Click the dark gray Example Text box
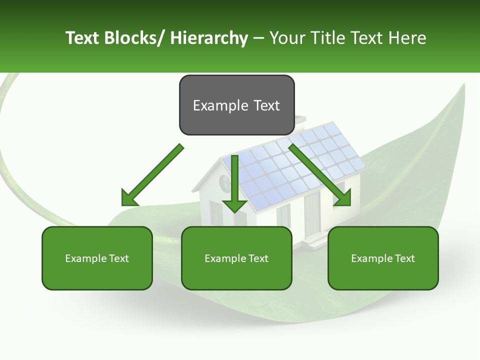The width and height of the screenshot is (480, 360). (236, 105)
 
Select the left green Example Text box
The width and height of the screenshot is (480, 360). (97, 258)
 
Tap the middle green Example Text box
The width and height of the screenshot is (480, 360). (236, 258)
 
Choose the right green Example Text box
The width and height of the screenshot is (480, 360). (383, 258)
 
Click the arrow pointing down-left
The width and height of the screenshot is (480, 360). (152, 175)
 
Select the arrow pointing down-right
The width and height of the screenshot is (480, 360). (320, 175)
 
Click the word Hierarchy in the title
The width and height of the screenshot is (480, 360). (209, 38)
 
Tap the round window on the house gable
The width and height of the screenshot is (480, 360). (224, 181)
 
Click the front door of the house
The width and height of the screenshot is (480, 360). (312, 215)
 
